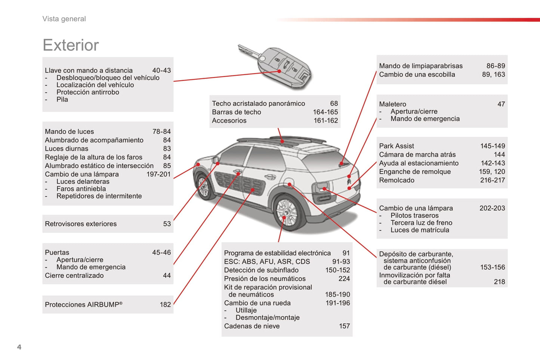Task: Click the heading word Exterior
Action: (71, 45)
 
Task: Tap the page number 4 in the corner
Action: (19, 347)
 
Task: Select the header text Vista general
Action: (64, 19)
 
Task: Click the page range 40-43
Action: (161, 70)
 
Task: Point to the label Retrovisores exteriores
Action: (81, 224)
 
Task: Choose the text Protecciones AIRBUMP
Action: (84, 305)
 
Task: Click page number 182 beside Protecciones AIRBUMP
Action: (166, 305)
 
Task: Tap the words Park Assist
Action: (396, 146)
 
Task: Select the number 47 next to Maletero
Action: (501, 104)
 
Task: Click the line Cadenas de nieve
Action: (252, 326)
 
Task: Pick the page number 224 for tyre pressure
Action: (344, 279)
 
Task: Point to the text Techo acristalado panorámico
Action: (259, 103)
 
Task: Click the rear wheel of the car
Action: (287, 212)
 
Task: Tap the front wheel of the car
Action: (204, 187)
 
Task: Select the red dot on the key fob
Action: (279, 71)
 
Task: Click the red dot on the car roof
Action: (282, 142)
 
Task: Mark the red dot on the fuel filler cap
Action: (290, 184)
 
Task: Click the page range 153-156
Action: (493, 267)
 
